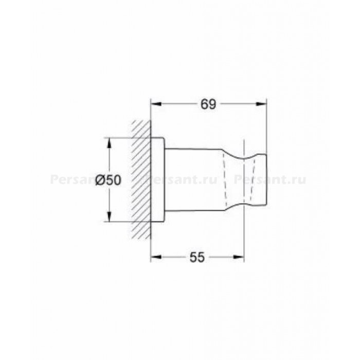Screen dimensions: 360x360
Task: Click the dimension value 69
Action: coord(208,104)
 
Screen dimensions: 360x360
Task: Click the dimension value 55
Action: coord(197,257)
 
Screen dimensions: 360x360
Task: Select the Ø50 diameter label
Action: coord(108,180)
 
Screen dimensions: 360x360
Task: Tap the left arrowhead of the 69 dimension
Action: coord(156,104)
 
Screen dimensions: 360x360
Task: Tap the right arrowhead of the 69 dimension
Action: coord(261,104)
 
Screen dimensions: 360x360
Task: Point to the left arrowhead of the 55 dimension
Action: coord(156,257)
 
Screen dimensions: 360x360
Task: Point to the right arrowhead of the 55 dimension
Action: coord(239,257)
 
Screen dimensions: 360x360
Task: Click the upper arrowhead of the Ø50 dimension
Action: coord(110,143)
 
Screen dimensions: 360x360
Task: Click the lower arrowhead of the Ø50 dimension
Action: coord(110,217)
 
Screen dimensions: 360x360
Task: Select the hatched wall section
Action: coord(141,179)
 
